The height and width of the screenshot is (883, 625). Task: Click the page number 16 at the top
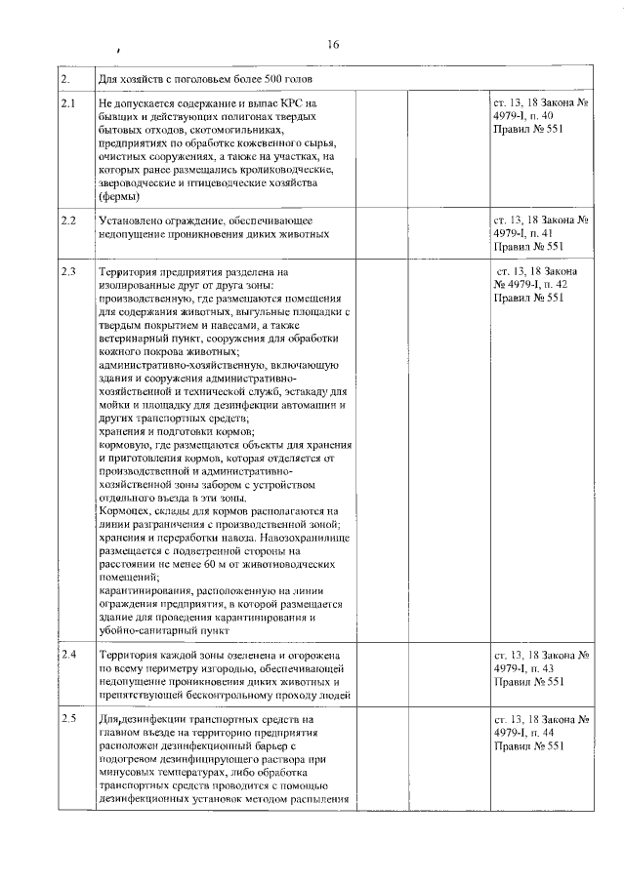[333, 45]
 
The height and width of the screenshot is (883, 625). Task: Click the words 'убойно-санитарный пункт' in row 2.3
[162, 631]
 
